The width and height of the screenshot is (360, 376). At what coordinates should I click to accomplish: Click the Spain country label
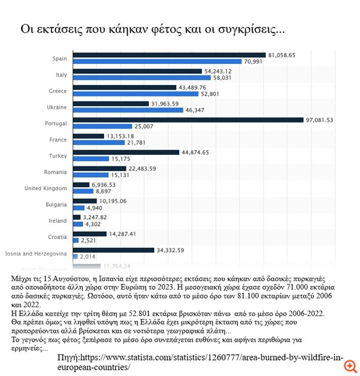click(59, 58)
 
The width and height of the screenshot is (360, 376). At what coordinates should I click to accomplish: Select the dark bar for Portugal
click(188, 120)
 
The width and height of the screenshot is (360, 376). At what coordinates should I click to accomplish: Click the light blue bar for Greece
click(136, 94)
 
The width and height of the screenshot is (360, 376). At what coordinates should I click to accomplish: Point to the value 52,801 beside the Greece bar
click(211, 94)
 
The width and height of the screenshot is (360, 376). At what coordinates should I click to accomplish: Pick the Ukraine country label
click(56, 106)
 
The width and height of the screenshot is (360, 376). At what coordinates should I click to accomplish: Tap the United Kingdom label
click(45, 188)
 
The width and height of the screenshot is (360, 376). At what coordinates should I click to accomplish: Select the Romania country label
click(56, 172)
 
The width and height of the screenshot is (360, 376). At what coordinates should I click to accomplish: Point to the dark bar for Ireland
click(78, 217)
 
